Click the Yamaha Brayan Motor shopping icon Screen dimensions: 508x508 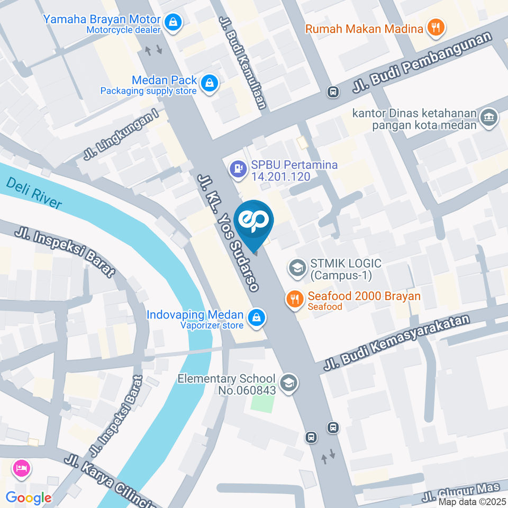click(x=173, y=22)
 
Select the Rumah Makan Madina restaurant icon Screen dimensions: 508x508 click(x=436, y=27)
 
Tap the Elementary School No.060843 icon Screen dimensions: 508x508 click(x=288, y=384)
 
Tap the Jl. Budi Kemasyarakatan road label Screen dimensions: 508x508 click(x=397, y=344)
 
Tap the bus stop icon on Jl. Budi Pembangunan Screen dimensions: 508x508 click(x=333, y=92)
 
